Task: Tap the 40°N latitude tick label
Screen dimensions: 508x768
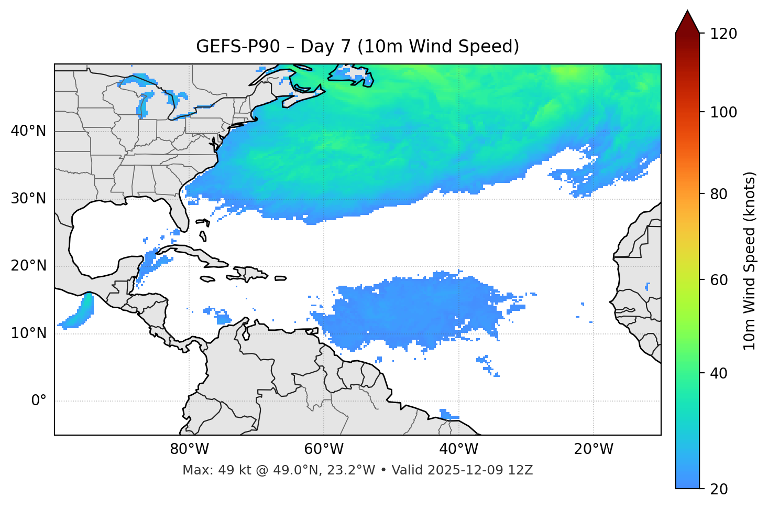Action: tap(28, 131)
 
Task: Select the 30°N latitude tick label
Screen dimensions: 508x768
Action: tap(28, 199)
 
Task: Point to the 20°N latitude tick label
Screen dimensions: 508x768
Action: tap(28, 266)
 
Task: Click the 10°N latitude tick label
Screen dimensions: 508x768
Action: tap(28, 333)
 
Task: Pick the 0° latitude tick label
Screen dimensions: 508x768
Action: tap(39, 401)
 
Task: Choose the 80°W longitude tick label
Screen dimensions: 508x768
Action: tap(189, 449)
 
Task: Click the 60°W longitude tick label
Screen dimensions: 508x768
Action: tap(324, 449)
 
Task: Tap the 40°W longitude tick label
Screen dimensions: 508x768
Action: tap(458, 449)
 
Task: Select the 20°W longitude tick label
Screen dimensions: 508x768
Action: tap(593, 449)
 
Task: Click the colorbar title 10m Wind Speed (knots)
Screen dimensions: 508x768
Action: tap(750, 261)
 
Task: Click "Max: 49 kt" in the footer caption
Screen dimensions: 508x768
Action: tap(206, 470)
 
